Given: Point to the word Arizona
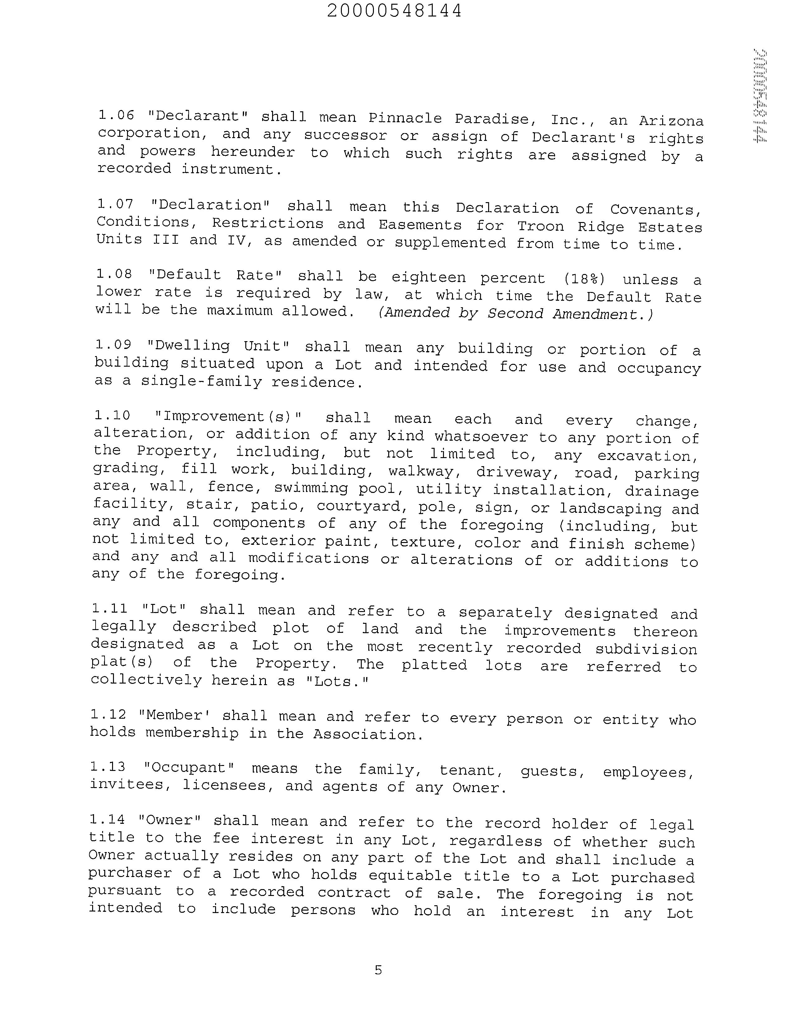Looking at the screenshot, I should (x=671, y=121).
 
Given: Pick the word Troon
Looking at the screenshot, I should (x=540, y=226).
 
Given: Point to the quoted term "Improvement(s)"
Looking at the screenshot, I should (x=227, y=417).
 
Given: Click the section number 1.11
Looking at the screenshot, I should (x=110, y=609).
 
